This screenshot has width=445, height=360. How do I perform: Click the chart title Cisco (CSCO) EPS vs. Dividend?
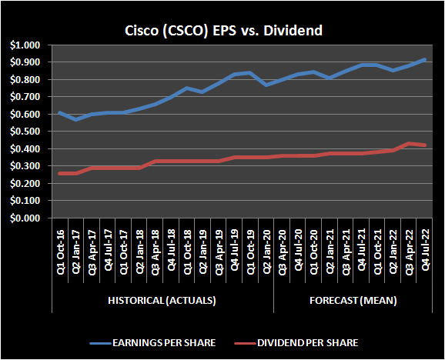click(x=222, y=31)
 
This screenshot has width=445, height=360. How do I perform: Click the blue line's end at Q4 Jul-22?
click(x=424, y=60)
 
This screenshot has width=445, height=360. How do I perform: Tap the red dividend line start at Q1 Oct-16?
click(x=61, y=173)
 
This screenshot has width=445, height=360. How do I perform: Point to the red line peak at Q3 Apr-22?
click(x=408, y=144)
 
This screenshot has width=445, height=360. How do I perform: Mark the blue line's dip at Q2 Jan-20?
click(x=266, y=85)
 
